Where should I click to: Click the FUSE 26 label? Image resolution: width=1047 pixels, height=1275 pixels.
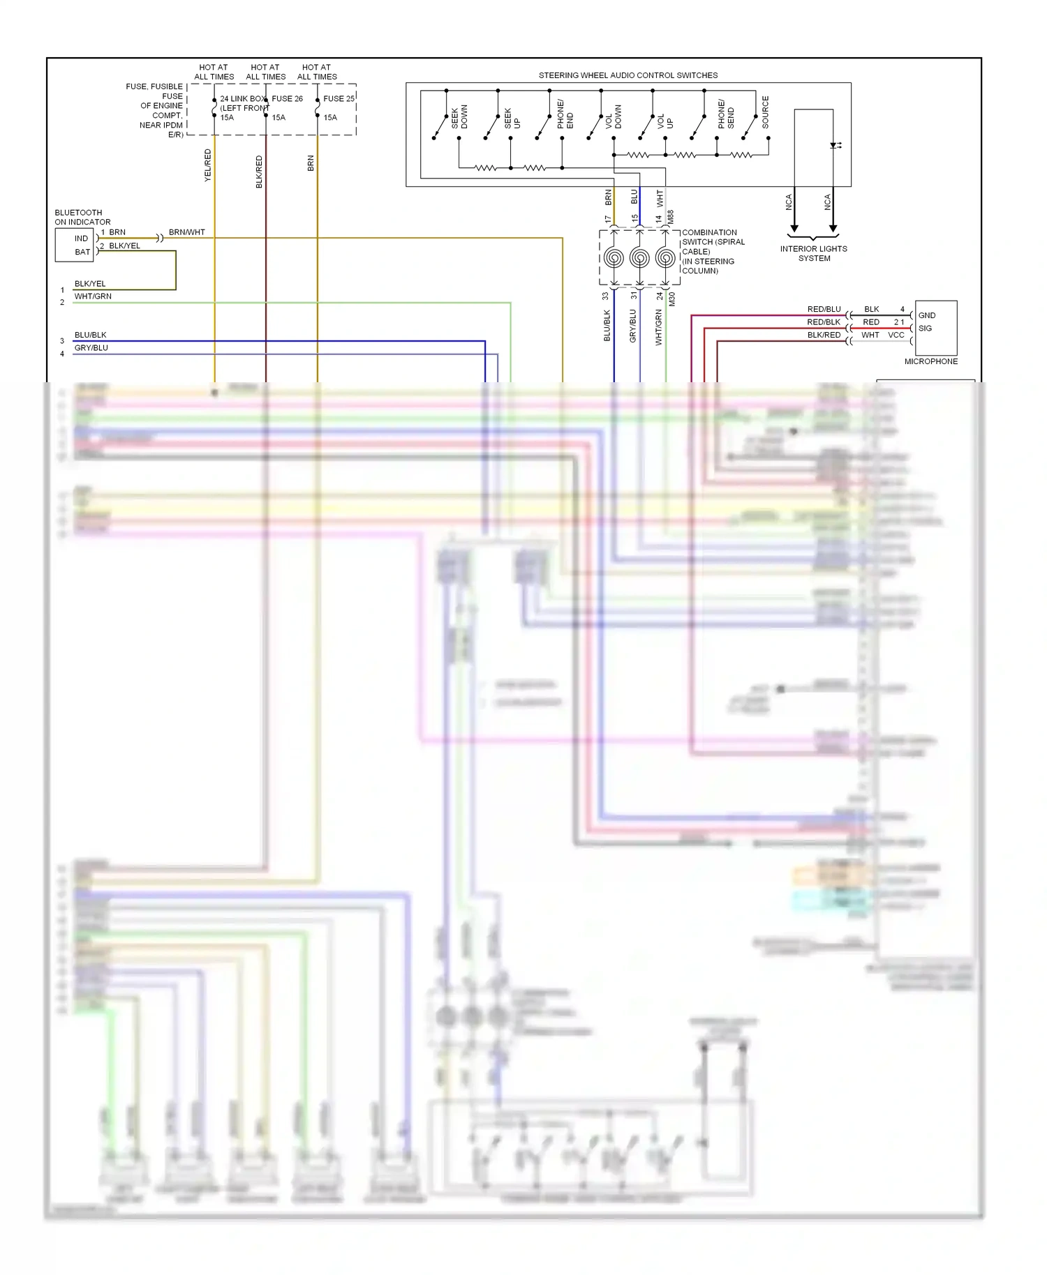pos(287,98)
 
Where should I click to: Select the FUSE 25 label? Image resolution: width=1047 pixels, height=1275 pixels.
pos(339,98)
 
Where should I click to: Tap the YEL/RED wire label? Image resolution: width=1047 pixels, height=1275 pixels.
pos(207,165)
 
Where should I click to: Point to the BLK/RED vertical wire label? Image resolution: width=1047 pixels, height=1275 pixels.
pos(259,172)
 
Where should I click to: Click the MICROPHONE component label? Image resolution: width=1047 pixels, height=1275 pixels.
pos(930,361)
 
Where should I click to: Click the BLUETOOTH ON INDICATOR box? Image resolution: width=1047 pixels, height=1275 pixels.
pos(75,245)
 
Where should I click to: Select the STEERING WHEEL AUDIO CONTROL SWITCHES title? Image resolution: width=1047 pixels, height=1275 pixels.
pos(628,75)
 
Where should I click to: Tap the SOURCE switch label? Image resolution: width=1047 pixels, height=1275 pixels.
pos(765,112)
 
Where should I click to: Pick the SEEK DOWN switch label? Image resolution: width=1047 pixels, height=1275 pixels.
pos(459,117)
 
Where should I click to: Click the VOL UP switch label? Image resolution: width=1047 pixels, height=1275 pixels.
pos(665,121)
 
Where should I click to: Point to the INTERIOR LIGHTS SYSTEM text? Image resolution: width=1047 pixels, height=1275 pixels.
pos(814,253)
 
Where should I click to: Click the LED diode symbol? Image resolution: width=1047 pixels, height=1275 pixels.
pos(834,146)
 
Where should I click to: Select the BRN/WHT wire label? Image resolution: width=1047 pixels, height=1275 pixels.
pos(187,232)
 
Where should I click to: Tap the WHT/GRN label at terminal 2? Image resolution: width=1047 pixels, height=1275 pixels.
pos(93,296)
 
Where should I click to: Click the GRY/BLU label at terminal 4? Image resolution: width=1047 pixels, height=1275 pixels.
pos(91,348)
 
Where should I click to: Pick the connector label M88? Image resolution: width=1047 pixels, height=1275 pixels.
pos(671,217)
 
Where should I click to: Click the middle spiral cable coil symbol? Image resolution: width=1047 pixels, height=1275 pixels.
pos(639,258)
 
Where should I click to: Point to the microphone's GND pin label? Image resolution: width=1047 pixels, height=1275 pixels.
pos(927,315)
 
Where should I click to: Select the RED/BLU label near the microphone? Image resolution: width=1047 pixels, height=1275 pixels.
pos(824,309)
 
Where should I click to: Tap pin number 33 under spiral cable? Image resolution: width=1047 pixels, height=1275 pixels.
pos(605,296)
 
